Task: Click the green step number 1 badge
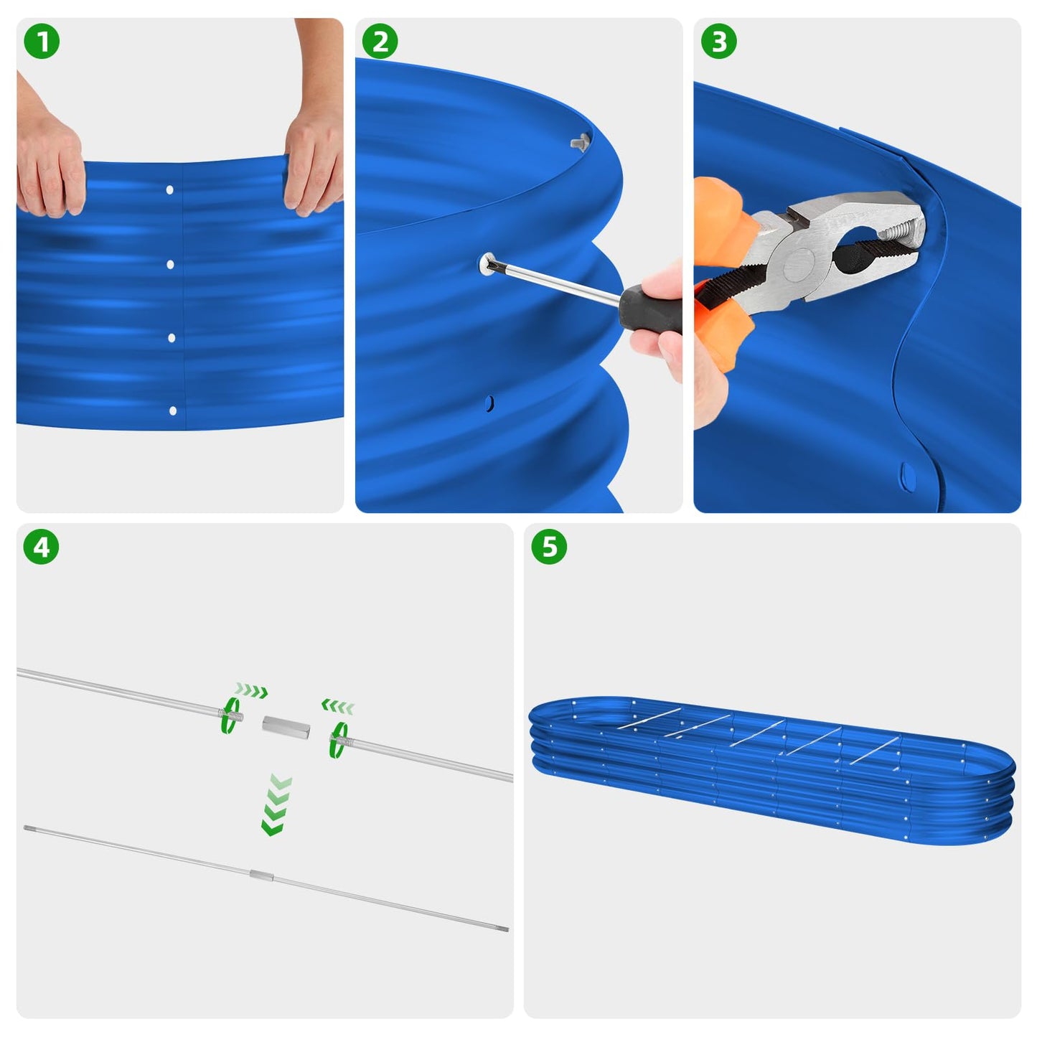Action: tap(42, 42)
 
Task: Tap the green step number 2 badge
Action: tap(380, 42)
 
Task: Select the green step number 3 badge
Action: tap(718, 42)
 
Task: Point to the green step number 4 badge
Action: tap(42, 548)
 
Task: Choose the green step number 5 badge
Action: tap(549, 548)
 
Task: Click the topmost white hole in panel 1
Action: tap(170, 190)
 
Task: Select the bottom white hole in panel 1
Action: tap(172, 411)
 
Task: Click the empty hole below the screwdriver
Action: tap(489, 404)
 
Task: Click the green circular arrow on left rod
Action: tap(230, 715)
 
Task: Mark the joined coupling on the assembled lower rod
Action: tap(261, 874)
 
